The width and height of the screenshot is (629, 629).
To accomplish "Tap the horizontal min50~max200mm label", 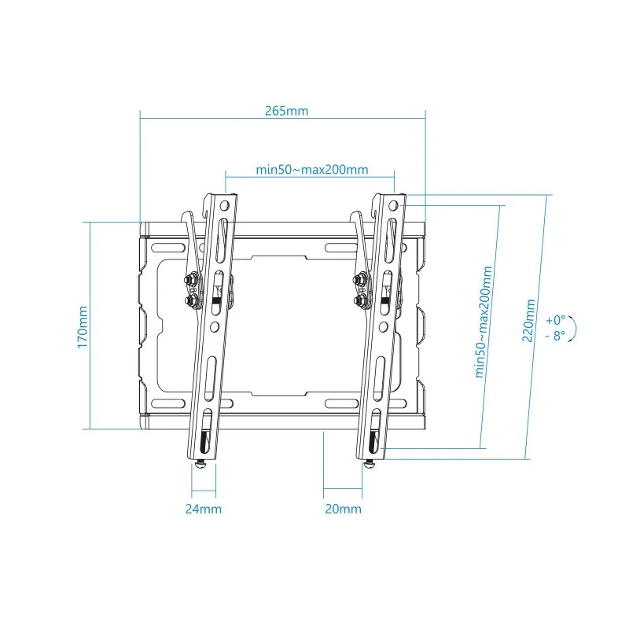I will [312, 170].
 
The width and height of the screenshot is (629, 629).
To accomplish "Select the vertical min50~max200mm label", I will [485, 321].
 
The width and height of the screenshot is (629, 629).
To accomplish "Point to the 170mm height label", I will [83, 326].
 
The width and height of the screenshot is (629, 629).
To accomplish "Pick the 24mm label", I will [203, 509].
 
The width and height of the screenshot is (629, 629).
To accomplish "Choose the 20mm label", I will [343, 509].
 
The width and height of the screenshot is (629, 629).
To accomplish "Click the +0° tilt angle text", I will [555, 320].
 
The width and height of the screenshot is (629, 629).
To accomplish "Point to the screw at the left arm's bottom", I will [203, 464].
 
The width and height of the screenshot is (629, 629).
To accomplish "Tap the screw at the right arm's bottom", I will [370, 464].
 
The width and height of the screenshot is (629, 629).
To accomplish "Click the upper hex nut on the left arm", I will [191, 278].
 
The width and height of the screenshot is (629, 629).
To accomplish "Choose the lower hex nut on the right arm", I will [361, 300].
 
